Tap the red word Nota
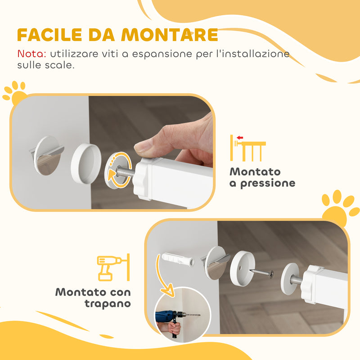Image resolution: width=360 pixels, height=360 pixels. point(31,54)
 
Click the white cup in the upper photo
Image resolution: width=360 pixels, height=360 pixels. point(86,162)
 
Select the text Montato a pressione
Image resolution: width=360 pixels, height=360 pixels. point(262,177)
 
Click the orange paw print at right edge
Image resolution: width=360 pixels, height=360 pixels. point(340,207)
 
